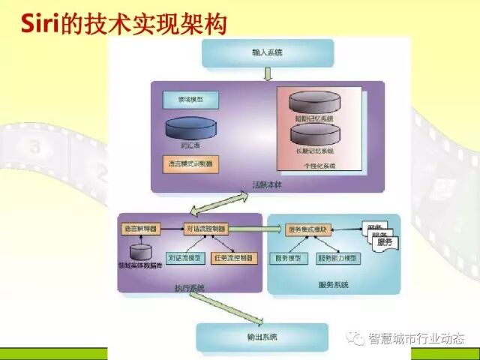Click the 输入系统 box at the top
(267, 53)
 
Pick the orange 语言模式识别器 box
(190, 163)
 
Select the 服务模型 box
(289, 258)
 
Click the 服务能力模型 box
(340, 258)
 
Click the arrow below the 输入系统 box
(268, 73)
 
